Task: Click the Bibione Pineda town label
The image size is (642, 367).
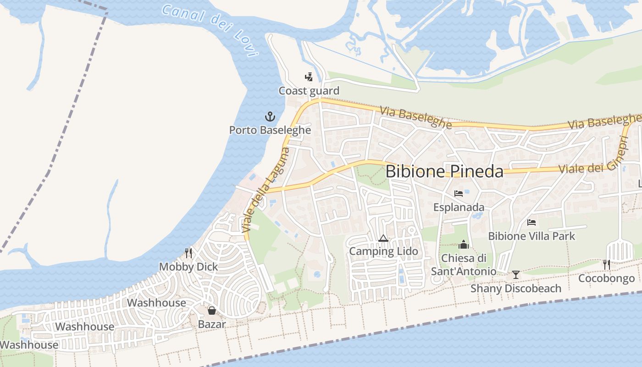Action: pos(444,171)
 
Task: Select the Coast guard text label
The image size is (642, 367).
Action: pos(309,91)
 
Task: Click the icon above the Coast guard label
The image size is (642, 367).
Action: pos(309,77)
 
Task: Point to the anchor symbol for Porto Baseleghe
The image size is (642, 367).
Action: pos(270,117)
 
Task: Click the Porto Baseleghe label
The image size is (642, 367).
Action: pos(270,130)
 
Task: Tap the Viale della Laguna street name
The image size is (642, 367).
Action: pos(266,189)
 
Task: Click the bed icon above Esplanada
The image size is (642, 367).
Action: pos(458,193)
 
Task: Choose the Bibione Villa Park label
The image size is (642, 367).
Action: pos(531,236)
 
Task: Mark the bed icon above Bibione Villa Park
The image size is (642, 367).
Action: pos(531,222)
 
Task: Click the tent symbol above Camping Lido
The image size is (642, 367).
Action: pos(383,238)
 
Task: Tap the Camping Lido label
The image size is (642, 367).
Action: pos(383,251)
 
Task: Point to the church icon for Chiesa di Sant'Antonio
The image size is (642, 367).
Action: pos(464,245)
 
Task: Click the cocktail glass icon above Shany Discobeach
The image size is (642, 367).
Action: pos(516,275)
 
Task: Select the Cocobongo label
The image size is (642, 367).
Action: pos(606,278)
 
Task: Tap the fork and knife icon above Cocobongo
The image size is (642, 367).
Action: pos(606,264)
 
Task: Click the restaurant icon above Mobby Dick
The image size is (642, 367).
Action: pos(188,253)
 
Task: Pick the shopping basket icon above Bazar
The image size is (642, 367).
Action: pos(212,311)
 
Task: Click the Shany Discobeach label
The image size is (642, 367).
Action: pos(516,289)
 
